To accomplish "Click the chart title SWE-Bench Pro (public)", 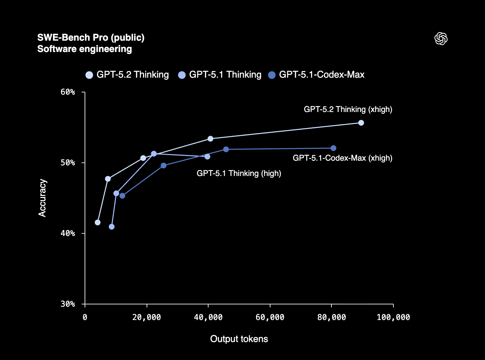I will click(x=91, y=38).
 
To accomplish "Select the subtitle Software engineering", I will click(x=85, y=49).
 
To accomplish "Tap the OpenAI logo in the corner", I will click(x=441, y=39).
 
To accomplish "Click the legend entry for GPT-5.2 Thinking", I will click(x=128, y=75).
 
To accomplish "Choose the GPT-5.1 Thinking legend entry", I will click(x=220, y=75).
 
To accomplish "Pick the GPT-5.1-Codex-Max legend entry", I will click(x=316, y=75).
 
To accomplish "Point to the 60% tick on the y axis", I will click(x=68, y=92).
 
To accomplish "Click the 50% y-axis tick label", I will click(x=68, y=163).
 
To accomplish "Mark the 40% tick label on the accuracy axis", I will click(x=68, y=233).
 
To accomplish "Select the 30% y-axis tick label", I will click(x=68, y=304).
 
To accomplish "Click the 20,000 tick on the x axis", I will click(x=147, y=317).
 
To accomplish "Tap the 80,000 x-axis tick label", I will click(x=331, y=317).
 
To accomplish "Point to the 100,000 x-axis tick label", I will click(x=393, y=317).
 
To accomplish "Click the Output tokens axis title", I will click(x=239, y=339).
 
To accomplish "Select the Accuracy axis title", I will click(x=42, y=198).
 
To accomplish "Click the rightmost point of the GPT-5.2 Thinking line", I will click(x=361, y=123).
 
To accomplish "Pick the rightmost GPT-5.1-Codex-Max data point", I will click(x=333, y=148).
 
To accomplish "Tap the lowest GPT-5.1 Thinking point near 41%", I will click(x=112, y=227).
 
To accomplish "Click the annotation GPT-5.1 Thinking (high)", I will click(x=239, y=173).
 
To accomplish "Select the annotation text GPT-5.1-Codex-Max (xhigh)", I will click(x=342, y=158).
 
